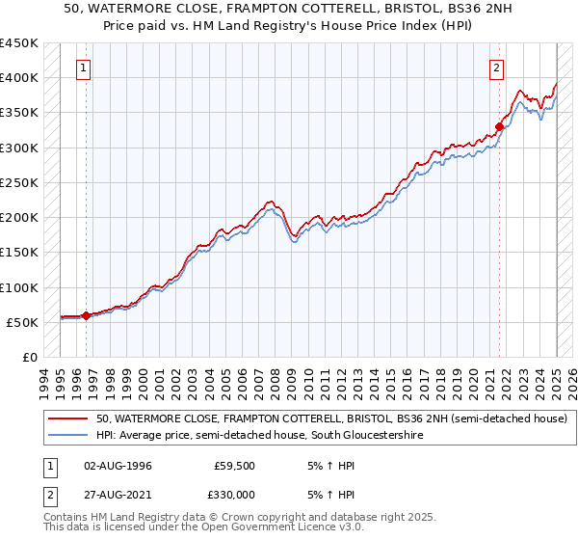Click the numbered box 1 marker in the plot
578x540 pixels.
coord(85,68)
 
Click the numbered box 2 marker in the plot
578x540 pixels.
coord(496,68)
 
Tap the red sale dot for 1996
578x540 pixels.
coord(86,315)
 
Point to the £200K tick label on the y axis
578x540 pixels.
coord(19,218)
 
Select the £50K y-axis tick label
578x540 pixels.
coord(23,323)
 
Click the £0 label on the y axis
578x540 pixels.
coord(30,358)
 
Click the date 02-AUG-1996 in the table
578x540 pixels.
coord(118,466)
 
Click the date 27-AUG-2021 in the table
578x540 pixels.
coord(118,493)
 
